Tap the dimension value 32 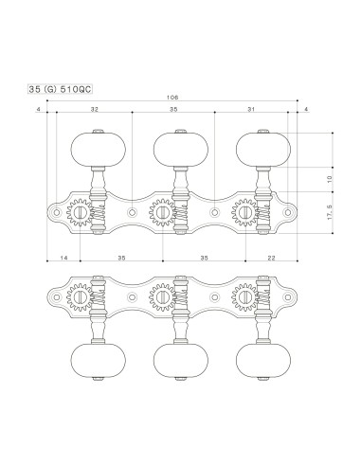coord(94,111)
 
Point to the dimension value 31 coord(250,111)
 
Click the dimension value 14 coord(63,257)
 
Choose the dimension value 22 coord(272,257)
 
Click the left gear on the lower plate coord(81,296)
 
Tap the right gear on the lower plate coord(245,296)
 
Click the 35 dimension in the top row coord(173,111)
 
